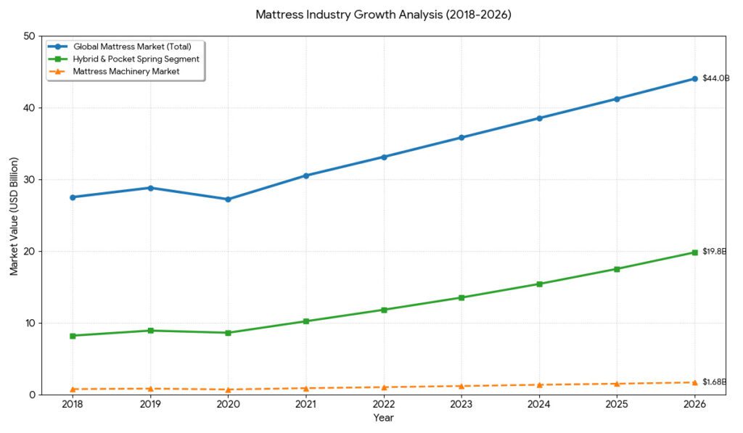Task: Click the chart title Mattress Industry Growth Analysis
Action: coord(384,15)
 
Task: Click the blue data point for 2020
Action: coord(229,199)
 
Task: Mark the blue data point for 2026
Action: coord(694,78)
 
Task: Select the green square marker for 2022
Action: coord(384,310)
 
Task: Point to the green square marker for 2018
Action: coord(73,336)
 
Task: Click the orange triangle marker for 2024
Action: coord(539,384)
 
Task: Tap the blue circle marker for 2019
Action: coord(151,188)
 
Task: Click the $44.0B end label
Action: coord(715,78)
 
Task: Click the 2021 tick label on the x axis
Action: coord(306,404)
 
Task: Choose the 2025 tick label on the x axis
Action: coord(617,404)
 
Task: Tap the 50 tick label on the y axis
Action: coord(30,36)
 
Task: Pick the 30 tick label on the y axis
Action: coord(30,180)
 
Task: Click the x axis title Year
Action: coord(384,418)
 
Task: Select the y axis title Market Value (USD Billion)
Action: coord(15,215)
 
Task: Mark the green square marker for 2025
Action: coord(617,269)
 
